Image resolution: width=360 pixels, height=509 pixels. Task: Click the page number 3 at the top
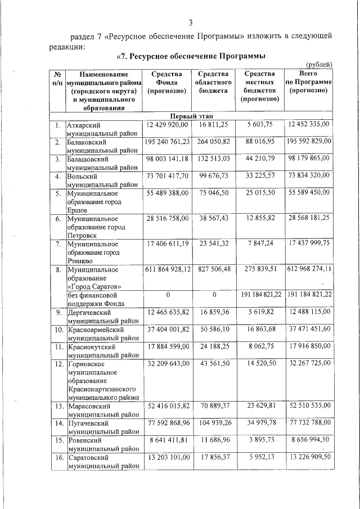tap(190, 22)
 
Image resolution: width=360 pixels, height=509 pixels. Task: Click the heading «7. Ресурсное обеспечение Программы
tap(191, 56)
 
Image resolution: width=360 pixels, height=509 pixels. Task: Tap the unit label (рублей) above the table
tap(319, 65)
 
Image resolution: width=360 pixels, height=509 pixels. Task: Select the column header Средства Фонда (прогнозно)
tap(166, 82)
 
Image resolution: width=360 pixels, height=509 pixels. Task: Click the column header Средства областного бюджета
tap(212, 82)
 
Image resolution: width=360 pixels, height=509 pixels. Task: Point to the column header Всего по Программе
tap(309, 82)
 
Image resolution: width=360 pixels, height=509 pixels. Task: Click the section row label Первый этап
tap(192, 116)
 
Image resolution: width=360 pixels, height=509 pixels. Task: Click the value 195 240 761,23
tap(166, 142)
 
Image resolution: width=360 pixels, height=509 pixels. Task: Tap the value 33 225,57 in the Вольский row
tap(260, 177)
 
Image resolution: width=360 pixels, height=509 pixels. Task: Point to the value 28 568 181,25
tap(309, 217)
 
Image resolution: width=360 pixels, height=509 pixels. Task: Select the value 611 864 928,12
tap(166, 269)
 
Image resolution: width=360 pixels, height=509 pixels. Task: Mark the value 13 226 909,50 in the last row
tap(309, 457)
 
